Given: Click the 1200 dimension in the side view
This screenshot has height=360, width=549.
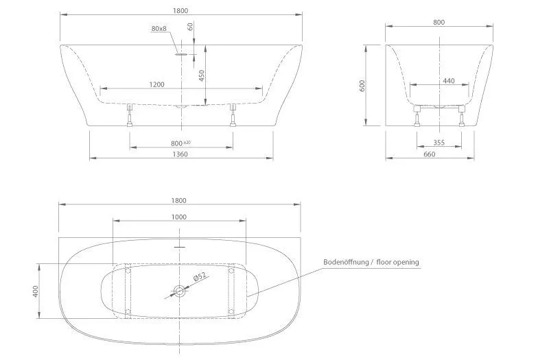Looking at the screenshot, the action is (156, 84).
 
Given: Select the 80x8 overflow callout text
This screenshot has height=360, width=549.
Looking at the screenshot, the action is (159, 28).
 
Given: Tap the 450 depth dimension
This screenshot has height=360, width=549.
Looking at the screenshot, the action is (201, 75).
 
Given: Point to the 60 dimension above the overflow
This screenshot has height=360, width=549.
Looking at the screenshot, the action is (191, 27).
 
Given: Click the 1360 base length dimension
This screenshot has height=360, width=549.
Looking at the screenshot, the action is (180, 154).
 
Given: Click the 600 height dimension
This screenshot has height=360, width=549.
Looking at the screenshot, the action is (362, 86).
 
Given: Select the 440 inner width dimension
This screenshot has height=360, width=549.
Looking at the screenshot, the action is (449, 81).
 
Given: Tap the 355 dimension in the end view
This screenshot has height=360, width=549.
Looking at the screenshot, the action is (439, 143).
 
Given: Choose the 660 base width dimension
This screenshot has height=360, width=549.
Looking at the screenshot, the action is (430, 154).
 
